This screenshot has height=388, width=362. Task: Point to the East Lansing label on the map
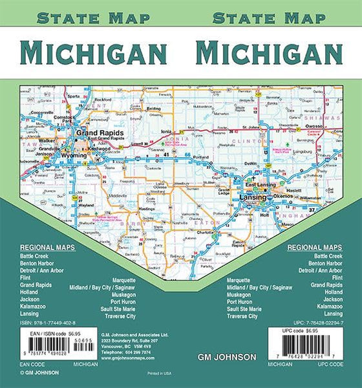266,185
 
